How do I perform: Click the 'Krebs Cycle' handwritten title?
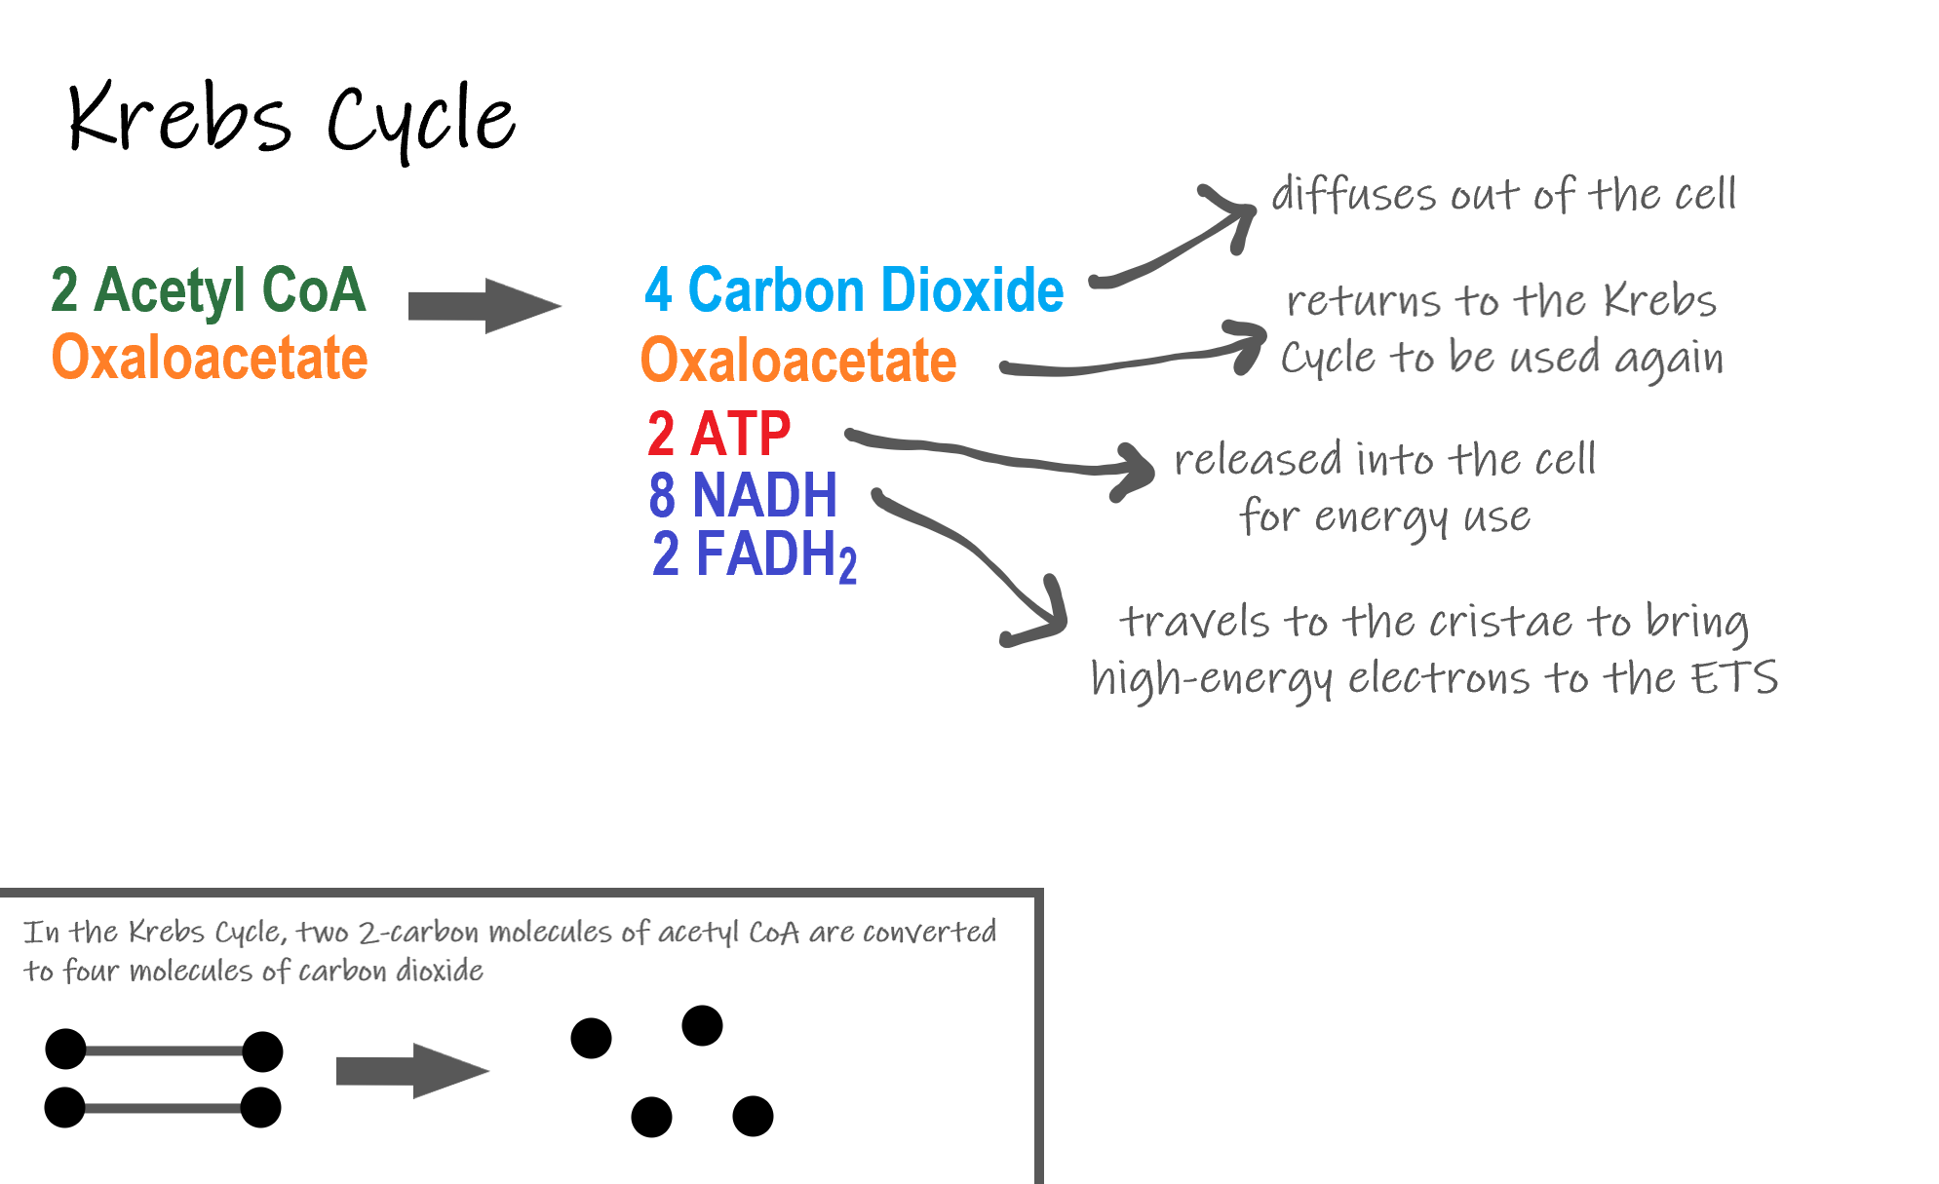tap(291, 119)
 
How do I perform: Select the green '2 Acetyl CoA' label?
tap(209, 290)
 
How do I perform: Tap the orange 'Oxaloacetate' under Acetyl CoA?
tap(210, 358)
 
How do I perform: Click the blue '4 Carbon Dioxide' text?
tap(854, 290)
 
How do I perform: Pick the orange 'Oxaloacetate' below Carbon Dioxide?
tap(798, 361)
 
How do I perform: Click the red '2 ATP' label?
tap(719, 434)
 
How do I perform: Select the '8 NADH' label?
tap(743, 495)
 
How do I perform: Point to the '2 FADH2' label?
tap(754, 555)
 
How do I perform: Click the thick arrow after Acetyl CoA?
tap(484, 306)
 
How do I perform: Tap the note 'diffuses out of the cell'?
tap(1503, 195)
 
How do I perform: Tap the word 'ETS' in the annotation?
tap(1734, 678)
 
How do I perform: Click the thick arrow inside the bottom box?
tap(411, 1071)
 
